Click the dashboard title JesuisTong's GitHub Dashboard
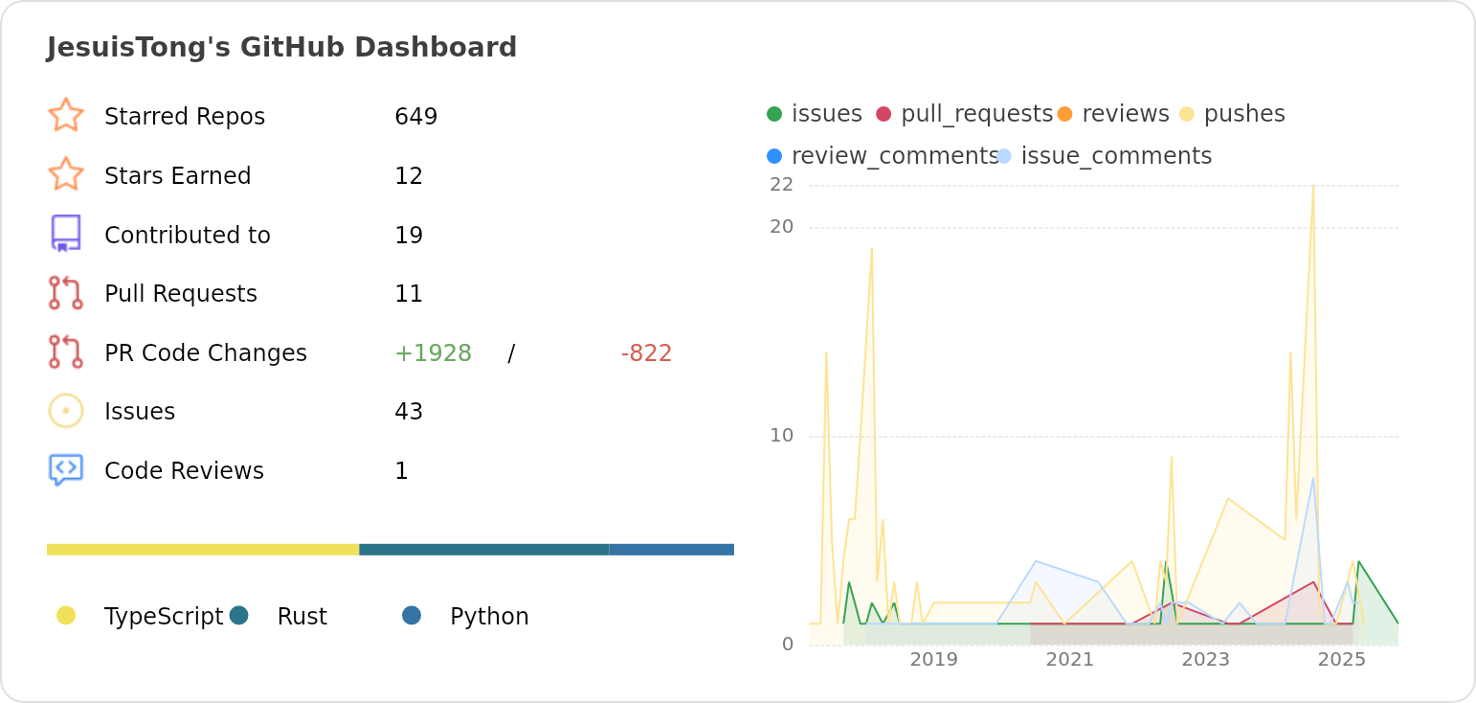point(281,47)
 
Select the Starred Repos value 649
point(415,117)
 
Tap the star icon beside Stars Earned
point(65,175)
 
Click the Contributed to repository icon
point(65,234)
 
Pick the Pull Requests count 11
point(409,294)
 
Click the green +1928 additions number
point(433,353)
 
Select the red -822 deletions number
point(646,353)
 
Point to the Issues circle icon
point(65,411)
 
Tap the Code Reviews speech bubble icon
point(65,469)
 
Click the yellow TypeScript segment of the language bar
point(203,550)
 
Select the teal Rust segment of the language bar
point(483,550)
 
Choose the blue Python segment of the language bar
point(671,550)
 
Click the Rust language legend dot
point(239,616)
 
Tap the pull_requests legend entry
point(964,114)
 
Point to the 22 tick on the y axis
point(781,184)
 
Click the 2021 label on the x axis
point(1069,660)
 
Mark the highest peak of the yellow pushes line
point(1312,187)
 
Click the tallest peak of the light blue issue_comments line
point(1312,478)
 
